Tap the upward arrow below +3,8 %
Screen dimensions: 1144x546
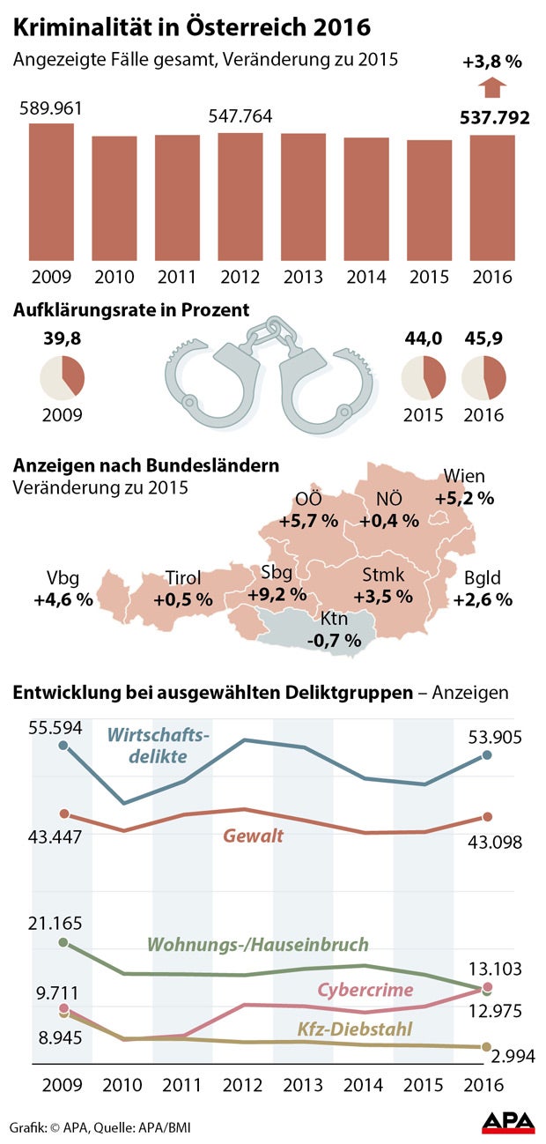click(491, 88)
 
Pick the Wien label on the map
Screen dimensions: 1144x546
click(464, 477)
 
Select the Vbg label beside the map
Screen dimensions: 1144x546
click(63, 579)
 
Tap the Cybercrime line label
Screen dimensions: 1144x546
click(365, 990)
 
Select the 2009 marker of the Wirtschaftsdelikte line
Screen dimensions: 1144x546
click(63, 746)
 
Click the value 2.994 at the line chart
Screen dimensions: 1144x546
click(509, 1056)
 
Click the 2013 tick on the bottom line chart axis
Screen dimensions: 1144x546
click(303, 1083)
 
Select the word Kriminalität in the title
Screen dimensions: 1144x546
click(83, 28)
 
